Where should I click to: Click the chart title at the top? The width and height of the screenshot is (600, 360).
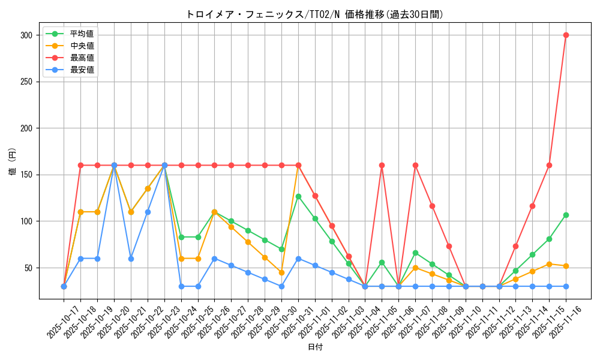pos(314,14)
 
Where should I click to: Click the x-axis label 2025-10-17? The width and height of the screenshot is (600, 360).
pos(55,321)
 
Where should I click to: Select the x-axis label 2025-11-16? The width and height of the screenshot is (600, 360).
pos(557,321)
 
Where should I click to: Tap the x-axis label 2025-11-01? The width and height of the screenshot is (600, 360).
pos(306,321)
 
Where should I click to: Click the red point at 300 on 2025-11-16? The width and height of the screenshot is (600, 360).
pos(566,35)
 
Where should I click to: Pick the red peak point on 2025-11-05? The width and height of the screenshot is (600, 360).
pos(382,165)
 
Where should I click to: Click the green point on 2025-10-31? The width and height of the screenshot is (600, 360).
pos(298,196)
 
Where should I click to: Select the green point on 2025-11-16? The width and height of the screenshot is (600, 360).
pos(566,215)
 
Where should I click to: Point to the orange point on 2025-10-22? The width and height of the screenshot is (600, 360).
pos(148,188)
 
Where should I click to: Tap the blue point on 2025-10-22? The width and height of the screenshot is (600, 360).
pos(148,212)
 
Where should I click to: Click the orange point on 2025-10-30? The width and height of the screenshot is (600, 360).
pos(281,272)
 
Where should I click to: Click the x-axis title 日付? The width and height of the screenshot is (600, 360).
pos(314,347)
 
